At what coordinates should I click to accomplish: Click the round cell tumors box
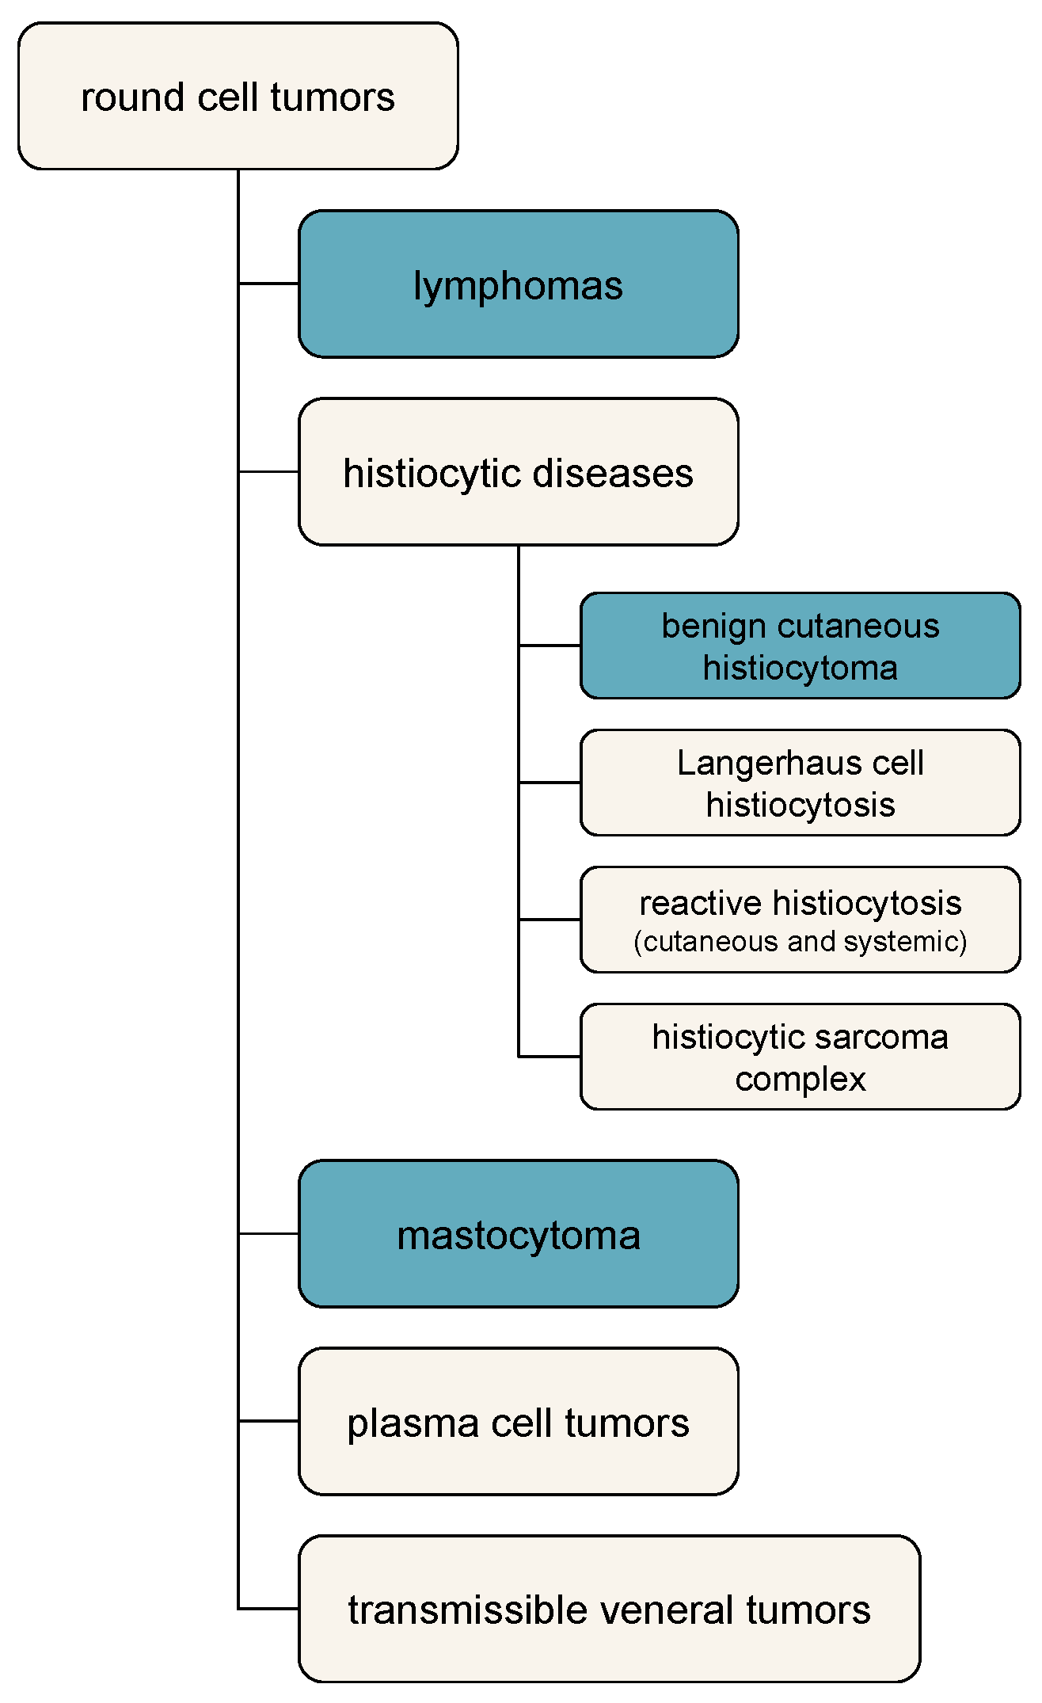point(238,96)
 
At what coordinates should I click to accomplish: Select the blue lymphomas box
point(518,284)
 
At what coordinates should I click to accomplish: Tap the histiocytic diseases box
point(518,472)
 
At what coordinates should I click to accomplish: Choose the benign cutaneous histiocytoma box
point(800,646)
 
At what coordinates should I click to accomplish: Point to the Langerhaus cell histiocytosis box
point(800,783)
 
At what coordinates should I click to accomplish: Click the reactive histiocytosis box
point(800,920)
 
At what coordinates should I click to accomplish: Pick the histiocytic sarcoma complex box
point(800,1057)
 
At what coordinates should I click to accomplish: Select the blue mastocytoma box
point(518,1233)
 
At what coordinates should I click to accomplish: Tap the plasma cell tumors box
point(518,1422)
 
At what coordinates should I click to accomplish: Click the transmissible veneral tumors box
point(609,1610)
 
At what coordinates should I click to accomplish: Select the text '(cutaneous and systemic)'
point(800,941)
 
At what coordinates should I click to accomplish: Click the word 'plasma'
point(413,1423)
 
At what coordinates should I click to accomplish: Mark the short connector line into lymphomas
point(268,284)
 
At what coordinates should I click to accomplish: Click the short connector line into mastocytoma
point(268,1233)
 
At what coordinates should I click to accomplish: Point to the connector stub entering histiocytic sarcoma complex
point(550,1057)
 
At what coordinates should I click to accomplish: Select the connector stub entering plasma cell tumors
point(268,1421)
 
